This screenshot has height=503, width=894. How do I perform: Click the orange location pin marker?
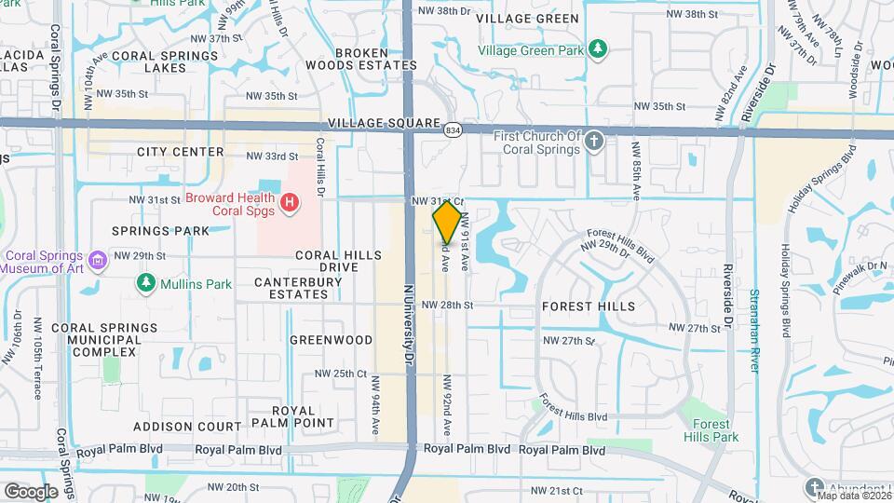click(x=447, y=222)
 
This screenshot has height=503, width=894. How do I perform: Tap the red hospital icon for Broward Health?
click(x=290, y=201)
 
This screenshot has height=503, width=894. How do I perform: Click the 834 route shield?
click(x=453, y=130)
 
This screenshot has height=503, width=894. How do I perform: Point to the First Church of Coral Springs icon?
click(x=596, y=142)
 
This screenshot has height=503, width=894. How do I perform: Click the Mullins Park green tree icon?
click(x=145, y=282)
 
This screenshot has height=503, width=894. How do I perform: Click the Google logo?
click(x=31, y=491)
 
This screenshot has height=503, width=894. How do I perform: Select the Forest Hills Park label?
click(x=711, y=430)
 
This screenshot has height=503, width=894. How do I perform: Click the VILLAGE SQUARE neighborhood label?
click(x=384, y=123)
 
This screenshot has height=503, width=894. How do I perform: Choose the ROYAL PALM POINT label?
click(x=303, y=416)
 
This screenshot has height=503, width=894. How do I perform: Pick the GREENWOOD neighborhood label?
click(x=331, y=340)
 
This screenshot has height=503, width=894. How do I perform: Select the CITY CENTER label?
click(x=180, y=152)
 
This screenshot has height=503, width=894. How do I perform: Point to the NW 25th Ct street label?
click(x=336, y=374)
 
